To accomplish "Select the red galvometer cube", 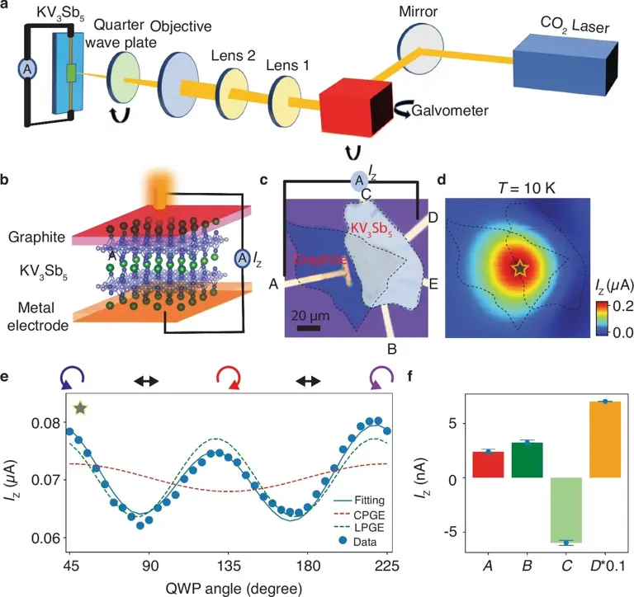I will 349,109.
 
